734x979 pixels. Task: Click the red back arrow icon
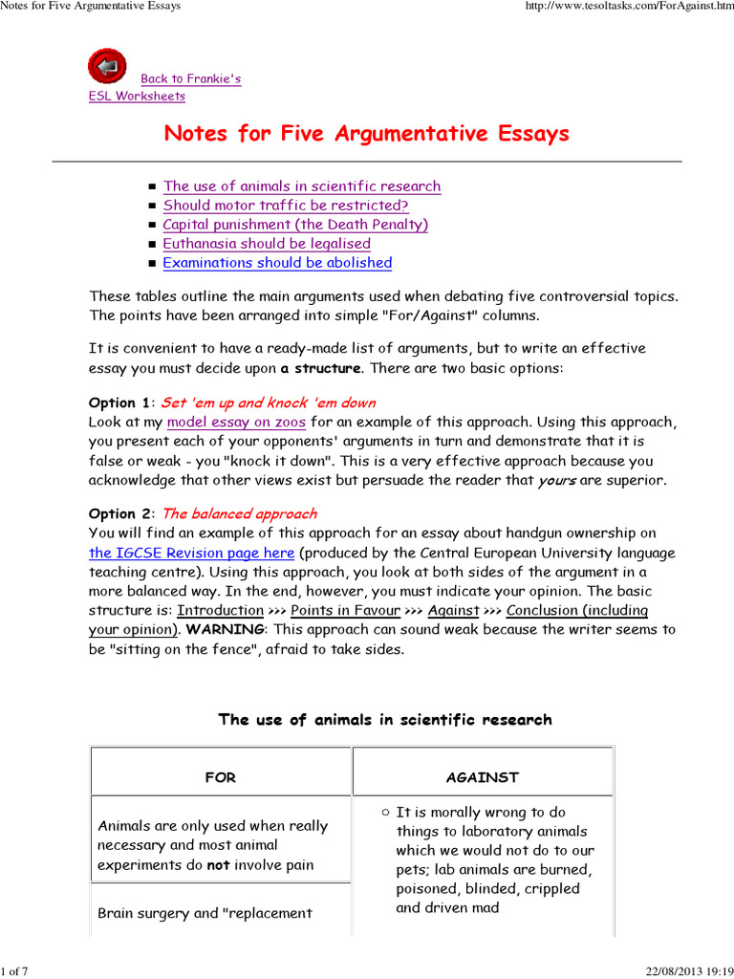coord(107,66)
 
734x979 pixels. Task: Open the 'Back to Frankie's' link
coord(190,78)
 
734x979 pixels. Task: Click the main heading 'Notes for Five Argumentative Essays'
coord(366,133)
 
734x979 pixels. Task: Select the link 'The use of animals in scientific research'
coord(302,186)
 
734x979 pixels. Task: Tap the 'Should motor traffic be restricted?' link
coord(286,206)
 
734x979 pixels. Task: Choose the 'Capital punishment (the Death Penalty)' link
coord(295,225)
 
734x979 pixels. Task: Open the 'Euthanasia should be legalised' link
coord(267,244)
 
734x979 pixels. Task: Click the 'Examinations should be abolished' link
coord(277,263)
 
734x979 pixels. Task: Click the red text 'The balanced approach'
coord(240,514)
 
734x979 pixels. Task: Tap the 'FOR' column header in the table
coord(220,777)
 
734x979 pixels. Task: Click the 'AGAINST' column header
coord(483,777)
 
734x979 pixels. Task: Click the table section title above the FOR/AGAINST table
coord(385,720)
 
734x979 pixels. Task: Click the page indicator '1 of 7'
coord(15,971)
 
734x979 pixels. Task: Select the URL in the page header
coord(630,7)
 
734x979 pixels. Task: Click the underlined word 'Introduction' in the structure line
coord(221,611)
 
